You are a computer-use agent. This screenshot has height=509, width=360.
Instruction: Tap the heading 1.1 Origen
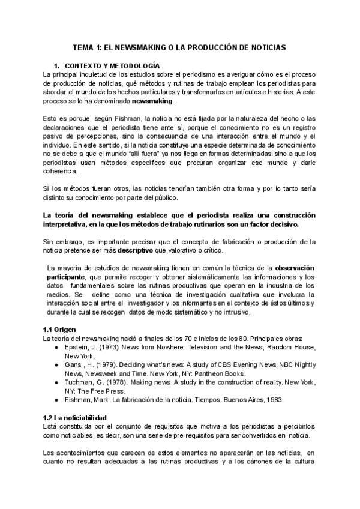pos(59,330)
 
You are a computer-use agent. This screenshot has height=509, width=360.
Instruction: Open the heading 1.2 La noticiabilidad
pos(75,417)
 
